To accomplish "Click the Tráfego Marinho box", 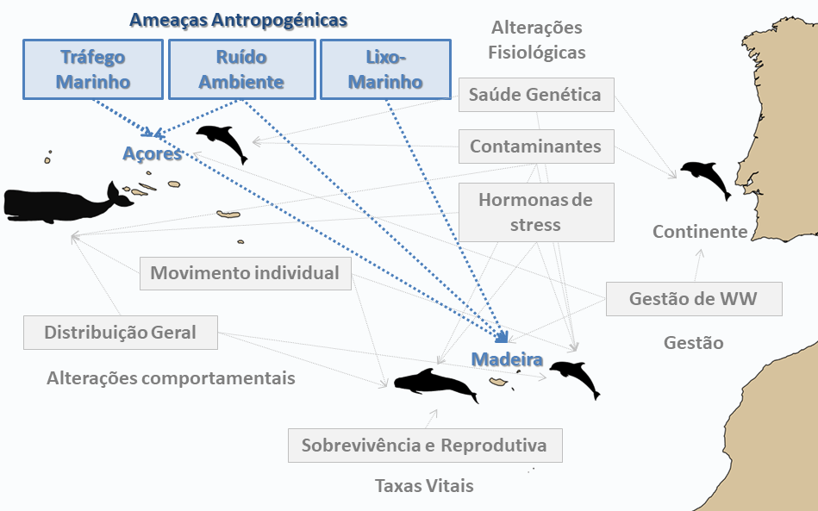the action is coord(93,69).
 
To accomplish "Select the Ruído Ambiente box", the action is coord(241,69).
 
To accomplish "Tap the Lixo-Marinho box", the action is coord(385,69).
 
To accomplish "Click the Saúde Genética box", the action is coord(536,95).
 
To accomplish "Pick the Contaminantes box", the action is coord(536,146).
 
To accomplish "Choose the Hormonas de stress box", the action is coord(536,212).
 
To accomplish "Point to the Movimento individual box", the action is coord(245,273).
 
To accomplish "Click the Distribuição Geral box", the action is coord(121,333).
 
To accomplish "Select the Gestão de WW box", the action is coord(694,299).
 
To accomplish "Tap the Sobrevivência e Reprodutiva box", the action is coord(425,446).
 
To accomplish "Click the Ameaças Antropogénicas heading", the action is coord(239,20).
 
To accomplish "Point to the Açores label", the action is coord(153,153).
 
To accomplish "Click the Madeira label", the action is coord(507,359).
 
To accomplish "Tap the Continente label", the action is coord(700,232).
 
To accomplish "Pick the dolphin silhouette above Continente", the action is coord(706,178).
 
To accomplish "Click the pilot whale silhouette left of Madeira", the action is coord(436,385).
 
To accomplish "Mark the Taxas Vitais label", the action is coord(425,486).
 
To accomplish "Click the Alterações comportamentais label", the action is coord(172,378).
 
